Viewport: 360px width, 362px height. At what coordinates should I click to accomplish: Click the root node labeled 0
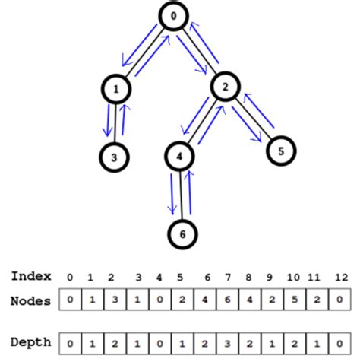click(x=173, y=17)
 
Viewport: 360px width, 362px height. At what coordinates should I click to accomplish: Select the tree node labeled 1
click(x=115, y=89)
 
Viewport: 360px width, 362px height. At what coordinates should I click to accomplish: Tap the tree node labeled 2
click(x=225, y=87)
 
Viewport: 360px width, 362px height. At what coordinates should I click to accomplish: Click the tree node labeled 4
click(x=180, y=157)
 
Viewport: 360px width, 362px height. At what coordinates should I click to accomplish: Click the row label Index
click(x=31, y=276)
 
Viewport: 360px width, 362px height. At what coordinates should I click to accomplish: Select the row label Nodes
click(x=31, y=300)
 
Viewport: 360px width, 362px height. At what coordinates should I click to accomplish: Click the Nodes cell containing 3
click(x=112, y=300)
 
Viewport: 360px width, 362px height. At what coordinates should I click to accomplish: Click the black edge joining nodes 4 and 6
click(x=181, y=195)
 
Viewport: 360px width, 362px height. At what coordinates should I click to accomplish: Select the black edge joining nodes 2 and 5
click(x=253, y=118)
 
